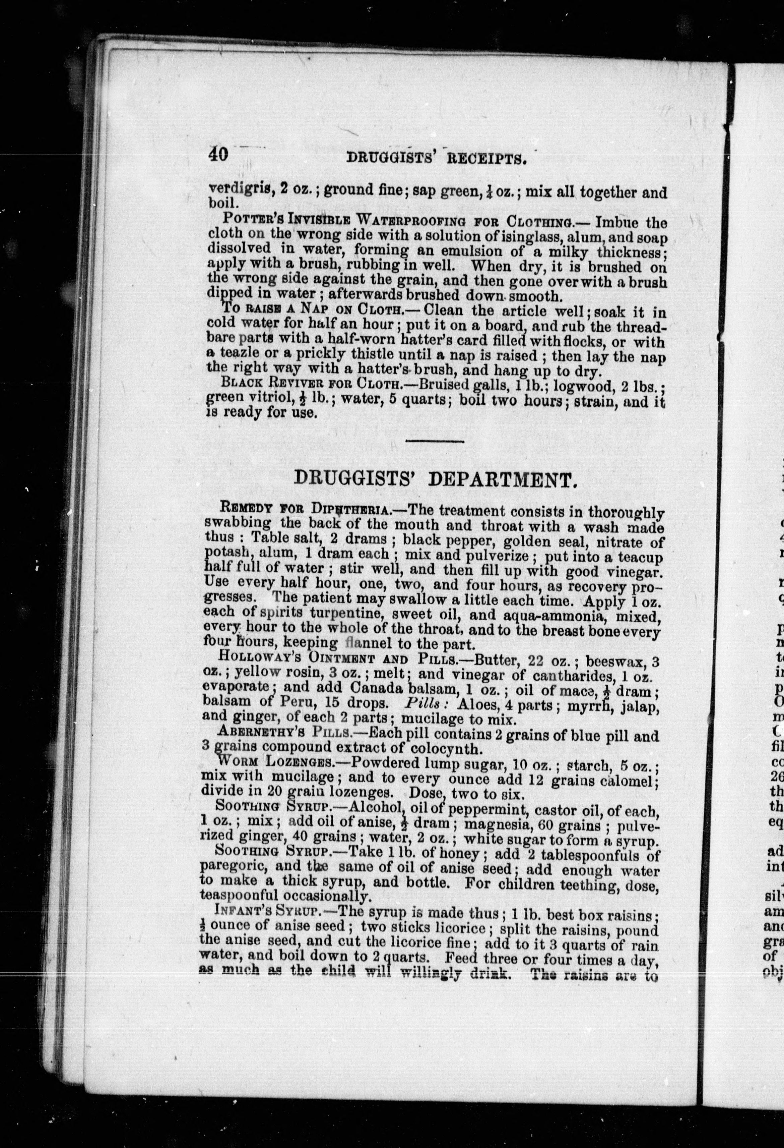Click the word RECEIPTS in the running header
[x=484, y=158]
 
